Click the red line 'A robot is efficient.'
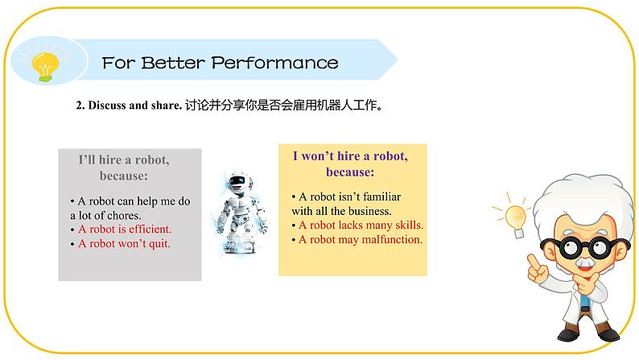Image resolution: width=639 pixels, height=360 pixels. click(x=125, y=229)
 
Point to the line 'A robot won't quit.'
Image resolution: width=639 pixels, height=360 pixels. click(x=124, y=243)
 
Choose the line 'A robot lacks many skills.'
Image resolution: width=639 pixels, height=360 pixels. click(x=361, y=225)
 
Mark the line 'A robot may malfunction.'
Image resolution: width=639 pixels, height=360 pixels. click(x=361, y=239)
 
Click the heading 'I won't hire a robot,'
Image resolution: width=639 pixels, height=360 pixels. click(x=349, y=156)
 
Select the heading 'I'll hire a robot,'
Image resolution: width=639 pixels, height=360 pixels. click(x=129, y=159)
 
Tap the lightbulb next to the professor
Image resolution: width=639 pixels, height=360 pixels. click(x=514, y=215)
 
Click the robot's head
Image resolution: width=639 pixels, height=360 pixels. click(x=235, y=180)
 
